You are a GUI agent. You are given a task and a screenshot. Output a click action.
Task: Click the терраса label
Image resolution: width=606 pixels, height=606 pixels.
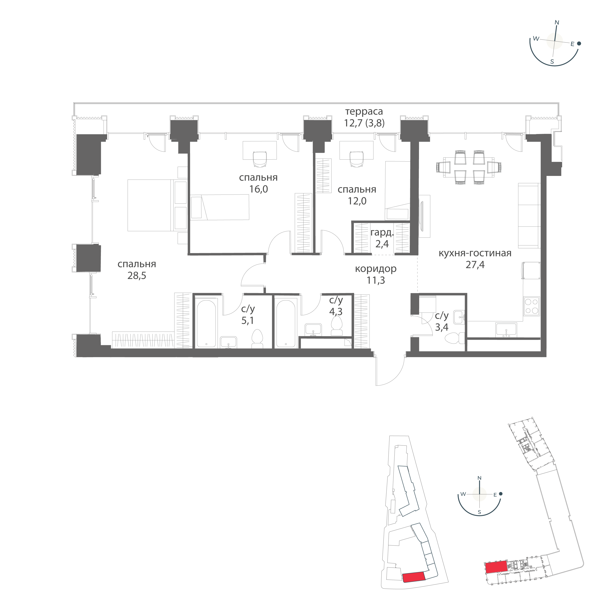pyautogui.click(x=364, y=111)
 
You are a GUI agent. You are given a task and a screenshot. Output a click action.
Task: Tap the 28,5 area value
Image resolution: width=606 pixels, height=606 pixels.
pyautogui.click(x=137, y=276)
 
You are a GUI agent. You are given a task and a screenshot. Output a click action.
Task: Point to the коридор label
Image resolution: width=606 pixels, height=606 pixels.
pyautogui.click(x=376, y=269)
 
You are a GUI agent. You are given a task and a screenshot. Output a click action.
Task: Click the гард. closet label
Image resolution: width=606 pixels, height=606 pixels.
pyautogui.click(x=382, y=233)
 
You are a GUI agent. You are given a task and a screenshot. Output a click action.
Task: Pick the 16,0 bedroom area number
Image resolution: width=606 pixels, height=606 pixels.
pyautogui.click(x=258, y=189)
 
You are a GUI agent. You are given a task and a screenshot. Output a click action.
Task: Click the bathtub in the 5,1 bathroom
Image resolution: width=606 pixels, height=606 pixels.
pyautogui.click(x=206, y=323)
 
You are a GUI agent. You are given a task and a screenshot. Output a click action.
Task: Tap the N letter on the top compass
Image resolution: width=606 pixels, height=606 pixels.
pyautogui.click(x=557, y=23)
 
